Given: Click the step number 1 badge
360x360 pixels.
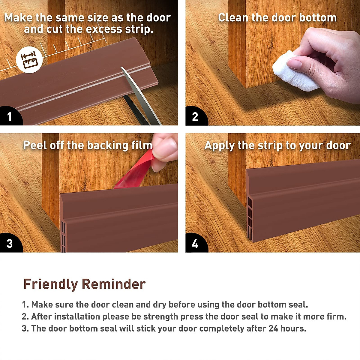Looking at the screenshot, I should pos(10,116).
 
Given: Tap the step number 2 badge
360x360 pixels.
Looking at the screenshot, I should pos(195,116).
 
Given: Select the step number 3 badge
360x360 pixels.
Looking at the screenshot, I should pos(10,243).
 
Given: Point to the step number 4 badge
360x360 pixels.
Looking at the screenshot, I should pos(195,243).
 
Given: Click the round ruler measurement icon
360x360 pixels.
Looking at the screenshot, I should pos(29,60).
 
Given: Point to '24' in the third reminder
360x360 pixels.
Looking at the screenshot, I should pos(273,328).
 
